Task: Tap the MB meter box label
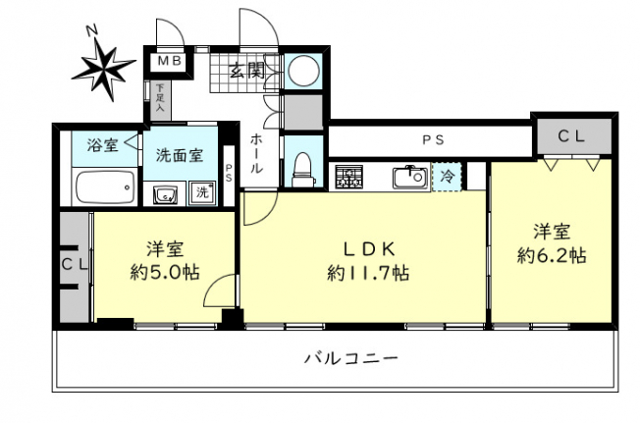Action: click(x=170, y=61)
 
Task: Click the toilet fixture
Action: click(x=303, y=170)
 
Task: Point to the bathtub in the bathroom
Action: click(x=105, y=187)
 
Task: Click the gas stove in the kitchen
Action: click(x=349, y=178)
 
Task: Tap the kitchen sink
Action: click(x=409, y=178)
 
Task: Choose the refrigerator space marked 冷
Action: click(x=448, y=177)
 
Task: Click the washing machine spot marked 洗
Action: click(x=203, y=192)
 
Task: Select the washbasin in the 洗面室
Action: click(x=165, y=194)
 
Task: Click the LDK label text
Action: click(x=368, y=249)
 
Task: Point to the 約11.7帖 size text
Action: click(x=368, y=273)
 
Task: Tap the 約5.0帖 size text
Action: click(x=165, y=272)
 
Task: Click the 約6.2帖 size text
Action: click(x=552, y=256)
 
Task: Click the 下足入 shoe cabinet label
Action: click(x=160, y=98)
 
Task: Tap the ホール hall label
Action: click(x=256, y=153)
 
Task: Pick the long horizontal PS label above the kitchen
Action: click(x=433, y=140)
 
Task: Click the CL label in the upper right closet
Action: click(x=571, y=136)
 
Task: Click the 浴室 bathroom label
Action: click(x=102, y=145)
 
